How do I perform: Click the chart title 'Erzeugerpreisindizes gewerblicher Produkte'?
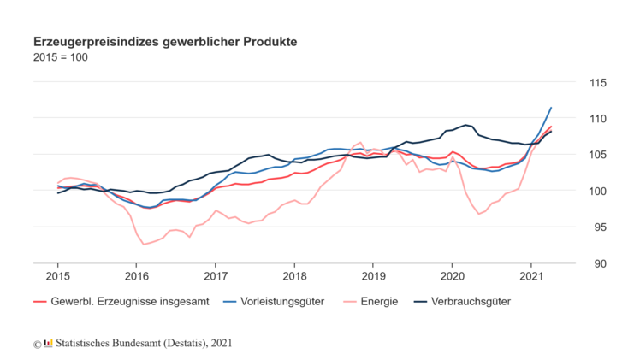(x=164, y=41)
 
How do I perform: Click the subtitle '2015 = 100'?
(x=60, y=57)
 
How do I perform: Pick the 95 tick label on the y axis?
(x=597, y=227)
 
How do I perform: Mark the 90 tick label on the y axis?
(x=597, y=263)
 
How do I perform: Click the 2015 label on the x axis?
(x=58, y=276)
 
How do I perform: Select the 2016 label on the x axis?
(x=137, y=276)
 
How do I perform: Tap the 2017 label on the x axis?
(x=216, y=276)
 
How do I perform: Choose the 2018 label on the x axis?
(x=295, y=276)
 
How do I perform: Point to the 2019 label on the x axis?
(x=374, y=276)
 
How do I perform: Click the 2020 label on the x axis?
(x=453, y=276)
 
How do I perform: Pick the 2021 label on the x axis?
(x=531, y=276)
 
